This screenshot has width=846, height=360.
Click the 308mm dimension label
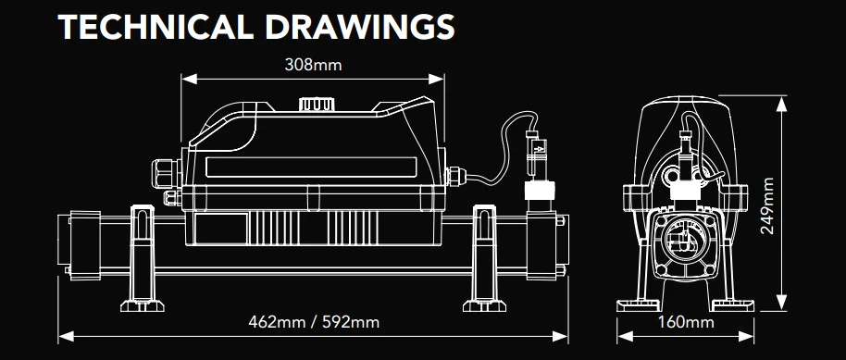coord(313,66)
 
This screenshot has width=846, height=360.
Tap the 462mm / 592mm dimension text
coord(314,322)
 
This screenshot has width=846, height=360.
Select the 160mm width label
coord(686,323)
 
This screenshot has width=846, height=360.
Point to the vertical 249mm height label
coord(766,205)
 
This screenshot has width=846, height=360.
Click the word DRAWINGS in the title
coord(360,27)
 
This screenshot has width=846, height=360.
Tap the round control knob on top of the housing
coord(315,105)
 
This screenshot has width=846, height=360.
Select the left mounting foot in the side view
coord(143,258)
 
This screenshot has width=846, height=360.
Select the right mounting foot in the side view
coord(484,258)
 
